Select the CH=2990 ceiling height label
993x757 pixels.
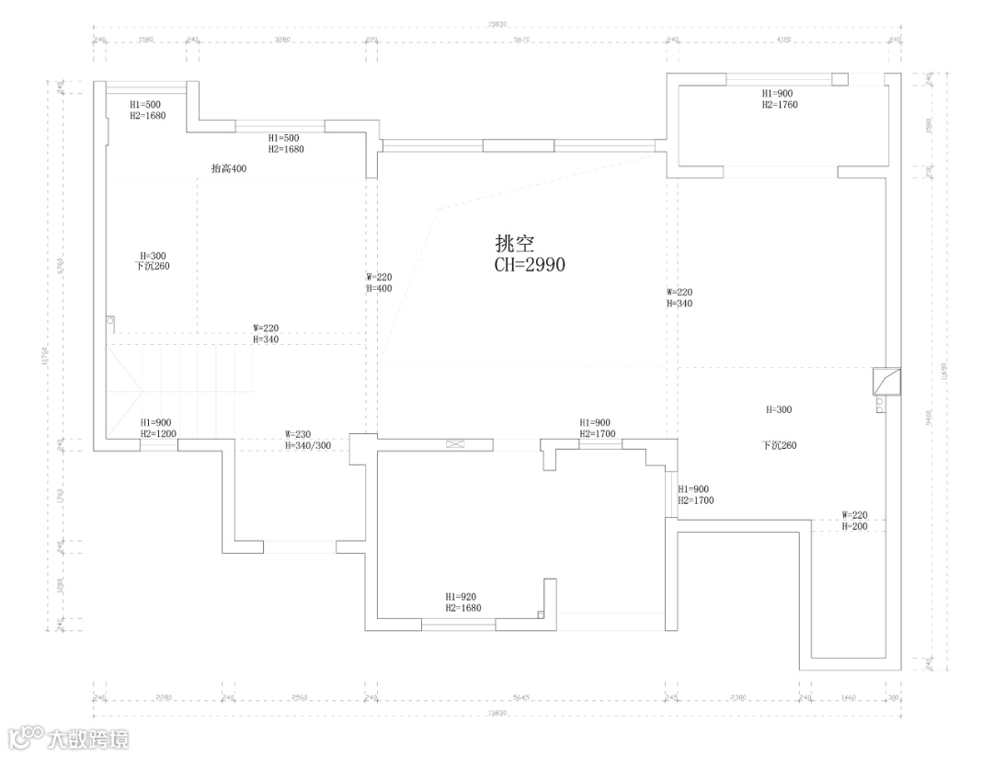click(x=530, y=265)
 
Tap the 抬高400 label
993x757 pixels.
click(x=229, y=168)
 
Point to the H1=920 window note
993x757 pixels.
click(x=461, y=597)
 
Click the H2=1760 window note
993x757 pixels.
click(x=779, y=105)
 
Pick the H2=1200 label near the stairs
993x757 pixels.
click(x=158, y=433)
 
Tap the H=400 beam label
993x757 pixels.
click(x=379, y=288)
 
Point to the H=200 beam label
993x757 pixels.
click(x=855, y=526)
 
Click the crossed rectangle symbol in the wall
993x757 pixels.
click(x=456, y=445)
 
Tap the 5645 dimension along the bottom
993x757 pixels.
click(x=521, y=698)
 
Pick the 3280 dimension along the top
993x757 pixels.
click(x=282, y=40)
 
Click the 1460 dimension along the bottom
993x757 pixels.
click(x=848, y=698)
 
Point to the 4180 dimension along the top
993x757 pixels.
click(x=782, y=40)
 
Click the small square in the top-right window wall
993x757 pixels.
click(x=839, y=79)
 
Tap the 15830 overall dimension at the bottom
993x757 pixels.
click(x=497, y=712)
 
